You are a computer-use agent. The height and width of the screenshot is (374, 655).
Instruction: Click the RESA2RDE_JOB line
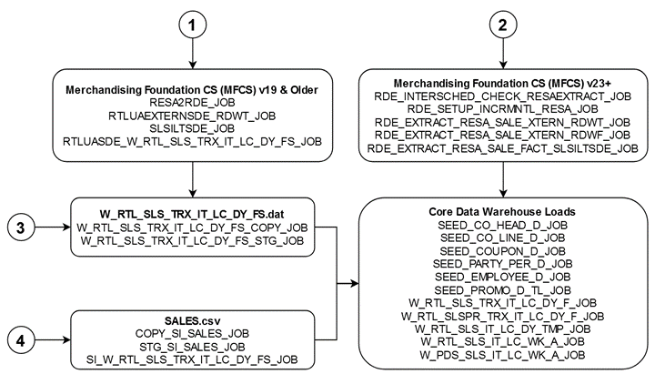click(192, 103)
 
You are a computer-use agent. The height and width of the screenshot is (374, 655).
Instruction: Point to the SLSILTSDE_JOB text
click(192, 128)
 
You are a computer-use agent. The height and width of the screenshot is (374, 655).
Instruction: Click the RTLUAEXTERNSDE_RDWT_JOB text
click(192, 116)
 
